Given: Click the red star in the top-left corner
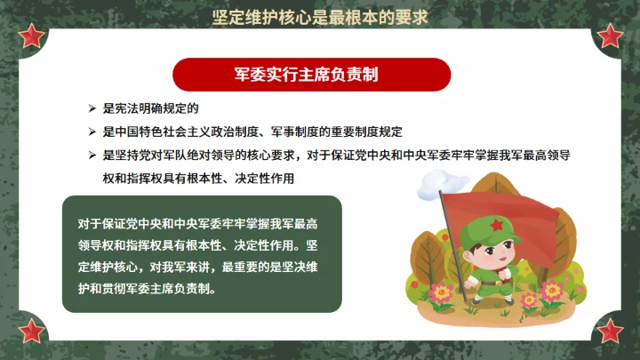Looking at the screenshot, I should (32, 36).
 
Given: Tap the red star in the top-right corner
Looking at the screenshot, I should (610, 36).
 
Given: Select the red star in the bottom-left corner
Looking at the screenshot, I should (32, 331).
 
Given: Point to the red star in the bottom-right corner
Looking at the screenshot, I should (610, 331).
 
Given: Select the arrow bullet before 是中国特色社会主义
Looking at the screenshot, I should (92, 132).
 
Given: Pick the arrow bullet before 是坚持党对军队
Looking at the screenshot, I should (92, 155).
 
